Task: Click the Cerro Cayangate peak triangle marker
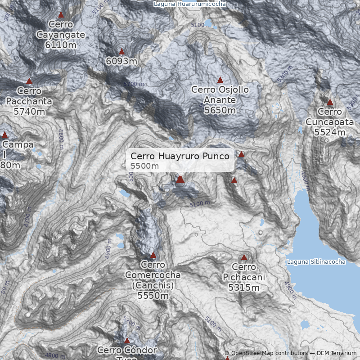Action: [x=61, y=15]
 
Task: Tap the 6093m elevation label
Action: [x=121, y=61]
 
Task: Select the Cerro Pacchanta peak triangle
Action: [x=29, y=81]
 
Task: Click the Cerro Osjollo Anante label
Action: [x=220, y=95]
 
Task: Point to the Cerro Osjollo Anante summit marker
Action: [x=220, y=80]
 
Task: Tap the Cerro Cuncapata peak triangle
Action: [x=330, y=102]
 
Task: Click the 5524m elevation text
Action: [x=330, y=132]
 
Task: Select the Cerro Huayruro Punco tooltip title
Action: [x=180, y=156]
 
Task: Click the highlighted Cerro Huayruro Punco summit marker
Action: [x=180, y=180]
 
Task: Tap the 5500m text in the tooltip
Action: [x=145, y=166]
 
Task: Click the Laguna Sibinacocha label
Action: [x=316, y=261]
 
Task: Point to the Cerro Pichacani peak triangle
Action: [x=244, y=257]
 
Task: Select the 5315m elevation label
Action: [x=244, y=288]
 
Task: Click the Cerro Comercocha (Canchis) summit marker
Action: [x=153, y=255]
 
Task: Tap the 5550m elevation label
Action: [x=153, y=296]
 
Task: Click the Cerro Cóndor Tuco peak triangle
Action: [x=127, y=341]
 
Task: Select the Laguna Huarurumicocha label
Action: [x=190, y=4]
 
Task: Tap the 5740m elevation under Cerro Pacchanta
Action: [x=29, y=112]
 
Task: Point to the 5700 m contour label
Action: [x=134, y=84]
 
